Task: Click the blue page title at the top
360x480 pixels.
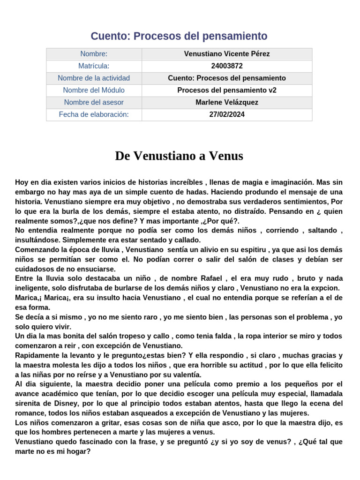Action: tap(179, 36)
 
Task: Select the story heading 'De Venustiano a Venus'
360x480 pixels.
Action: tap(179, 156)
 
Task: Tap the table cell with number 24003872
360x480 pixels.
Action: tap(227, 66)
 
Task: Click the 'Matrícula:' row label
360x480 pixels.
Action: tap(94, 66)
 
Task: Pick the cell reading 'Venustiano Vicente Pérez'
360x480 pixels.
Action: tap(227, 54)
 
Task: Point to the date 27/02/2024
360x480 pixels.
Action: tap(227, 114)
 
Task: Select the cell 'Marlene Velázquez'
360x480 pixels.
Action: tap(227, 102)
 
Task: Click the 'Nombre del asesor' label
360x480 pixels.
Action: tap(94, 102)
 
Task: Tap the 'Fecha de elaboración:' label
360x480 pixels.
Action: tap(94, 114)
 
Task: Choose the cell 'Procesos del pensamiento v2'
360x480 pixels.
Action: tap(227, 90)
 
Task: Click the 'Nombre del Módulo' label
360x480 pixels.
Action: tap(94, 90)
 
